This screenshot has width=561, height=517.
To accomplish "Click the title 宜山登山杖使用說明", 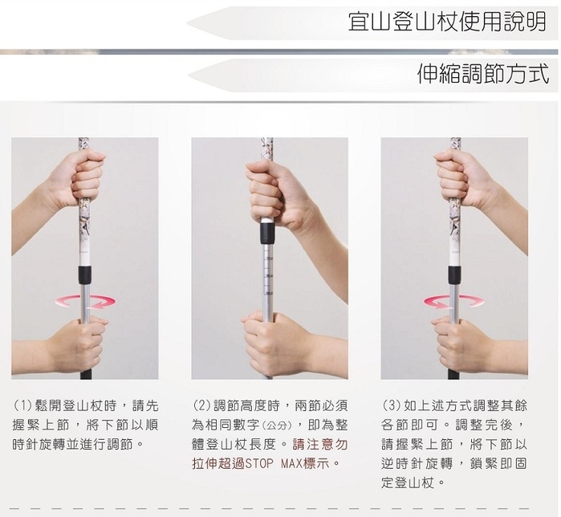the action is pos(447,21).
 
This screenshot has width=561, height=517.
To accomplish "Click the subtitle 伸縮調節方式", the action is pos(483,74).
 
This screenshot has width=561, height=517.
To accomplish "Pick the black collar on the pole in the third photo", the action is pos(454,274).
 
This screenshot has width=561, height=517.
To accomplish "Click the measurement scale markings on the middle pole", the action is pos(268,275).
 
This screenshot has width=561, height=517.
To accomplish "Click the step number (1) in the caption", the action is pos(23,405).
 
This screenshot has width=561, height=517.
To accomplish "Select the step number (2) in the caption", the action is pos(202,405).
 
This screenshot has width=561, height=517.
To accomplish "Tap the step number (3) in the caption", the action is pos(391,405).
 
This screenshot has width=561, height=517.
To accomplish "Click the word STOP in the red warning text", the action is pos(258,464).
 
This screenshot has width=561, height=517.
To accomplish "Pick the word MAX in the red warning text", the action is pos(291,464).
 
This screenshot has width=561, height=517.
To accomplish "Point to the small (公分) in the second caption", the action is pos(278,426).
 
